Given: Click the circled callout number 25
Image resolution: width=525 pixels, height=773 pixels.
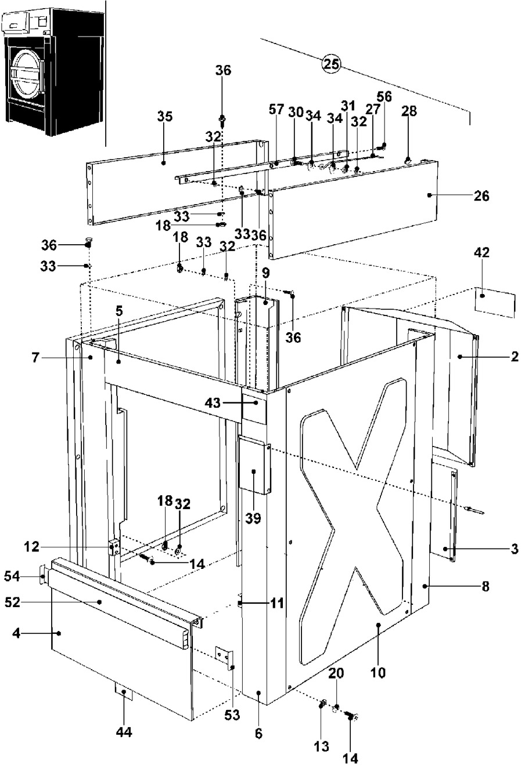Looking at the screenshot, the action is coord(331,64).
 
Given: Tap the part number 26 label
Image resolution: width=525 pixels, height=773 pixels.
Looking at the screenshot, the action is coord(481,195).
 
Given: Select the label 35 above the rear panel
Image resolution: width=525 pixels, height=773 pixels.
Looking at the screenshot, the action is coord(164,117).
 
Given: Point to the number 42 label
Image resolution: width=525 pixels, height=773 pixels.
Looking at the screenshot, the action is coord(482,252).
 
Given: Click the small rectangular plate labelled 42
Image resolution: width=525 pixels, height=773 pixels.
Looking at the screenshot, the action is coord(495,302).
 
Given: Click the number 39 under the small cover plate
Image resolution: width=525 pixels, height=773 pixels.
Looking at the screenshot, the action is coord(253,518).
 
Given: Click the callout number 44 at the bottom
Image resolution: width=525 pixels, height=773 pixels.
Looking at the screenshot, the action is coord(124,731).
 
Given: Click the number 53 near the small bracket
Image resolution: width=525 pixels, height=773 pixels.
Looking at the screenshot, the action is coord(232,714).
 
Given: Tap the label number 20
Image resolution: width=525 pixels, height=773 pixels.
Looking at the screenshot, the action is coord(336,673).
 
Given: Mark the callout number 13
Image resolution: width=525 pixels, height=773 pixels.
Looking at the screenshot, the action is coord(321,746).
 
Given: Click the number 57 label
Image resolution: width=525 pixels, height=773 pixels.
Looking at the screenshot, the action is coord(276,110).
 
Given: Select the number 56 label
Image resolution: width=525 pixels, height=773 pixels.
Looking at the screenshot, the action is coord(384,97).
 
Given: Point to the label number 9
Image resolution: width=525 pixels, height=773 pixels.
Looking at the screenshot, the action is coord(265,273).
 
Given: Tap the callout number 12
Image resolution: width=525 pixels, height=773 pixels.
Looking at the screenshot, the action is coord(32,547).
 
